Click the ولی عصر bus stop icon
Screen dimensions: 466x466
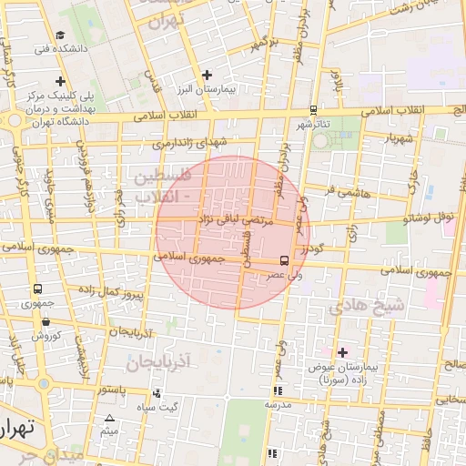pyautogui.click(x=284, y=259)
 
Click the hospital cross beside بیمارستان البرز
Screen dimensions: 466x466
pyautogui.click(x=207, y=75)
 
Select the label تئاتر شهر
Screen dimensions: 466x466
pyautogui.click(x=312, y=124)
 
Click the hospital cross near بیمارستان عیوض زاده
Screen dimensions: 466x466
pyautogui.click(x=342, y=351)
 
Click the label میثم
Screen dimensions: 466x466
pyautogui.click(x=109, y=431)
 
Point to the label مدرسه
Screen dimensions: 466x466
pyautogui.click(x=277, y=403)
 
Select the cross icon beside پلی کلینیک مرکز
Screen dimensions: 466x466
pyautogui.click(x=60, y=80)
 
